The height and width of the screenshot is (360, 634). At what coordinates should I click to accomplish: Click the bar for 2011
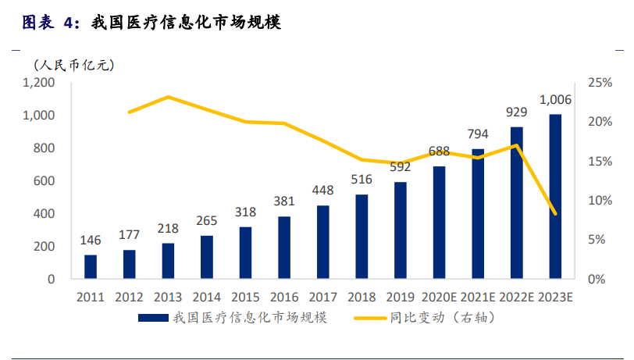click(x=91, y=266)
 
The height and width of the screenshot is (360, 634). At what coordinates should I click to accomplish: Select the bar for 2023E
click(x=555, y=197)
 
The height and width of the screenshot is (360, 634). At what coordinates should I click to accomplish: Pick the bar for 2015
click(x=245, y=252)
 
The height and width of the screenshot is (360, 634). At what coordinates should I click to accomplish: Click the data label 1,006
click(x=555, y=99)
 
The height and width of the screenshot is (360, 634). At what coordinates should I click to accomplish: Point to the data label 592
click(x=400, y=166)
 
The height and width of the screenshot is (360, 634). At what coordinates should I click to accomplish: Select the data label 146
click(x=91, y=240)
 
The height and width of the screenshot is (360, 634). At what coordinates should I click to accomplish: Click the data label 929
click(x=516, y=112)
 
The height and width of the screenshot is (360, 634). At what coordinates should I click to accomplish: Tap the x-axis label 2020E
click(x=439, y=298)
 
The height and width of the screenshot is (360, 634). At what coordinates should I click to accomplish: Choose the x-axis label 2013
click(x=168, y=298)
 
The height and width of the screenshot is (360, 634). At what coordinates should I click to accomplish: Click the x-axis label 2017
click(x=322, y=298)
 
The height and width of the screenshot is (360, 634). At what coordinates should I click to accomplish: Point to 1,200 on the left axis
click(x=38, y=82)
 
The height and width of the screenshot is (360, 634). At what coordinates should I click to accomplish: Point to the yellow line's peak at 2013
click(x=168, y=97)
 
